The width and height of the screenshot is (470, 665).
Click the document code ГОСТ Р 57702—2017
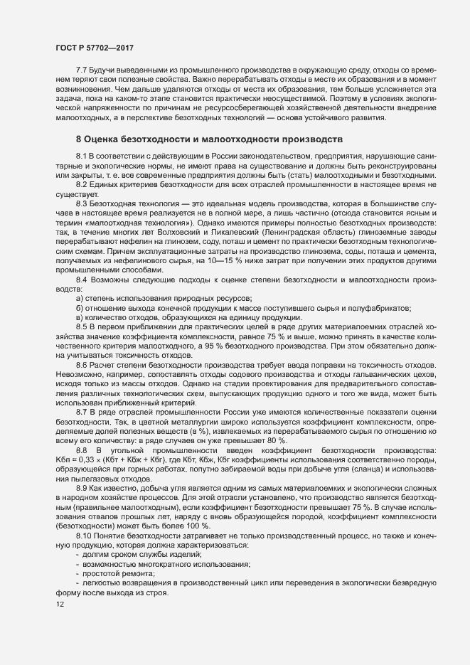(95, 47)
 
